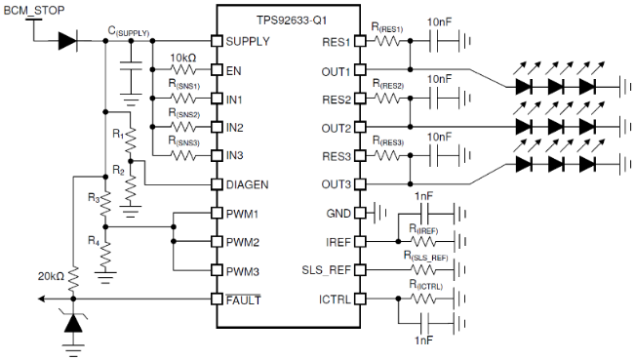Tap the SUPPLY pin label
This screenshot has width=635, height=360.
(x=247, y=42)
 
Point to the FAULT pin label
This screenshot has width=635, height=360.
(x=242, y=299)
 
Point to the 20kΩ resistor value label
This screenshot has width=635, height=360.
(x=49, y=276)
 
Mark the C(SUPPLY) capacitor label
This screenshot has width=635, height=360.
(x=129, y=32)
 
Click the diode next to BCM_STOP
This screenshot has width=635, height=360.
(x=66, y=41)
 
